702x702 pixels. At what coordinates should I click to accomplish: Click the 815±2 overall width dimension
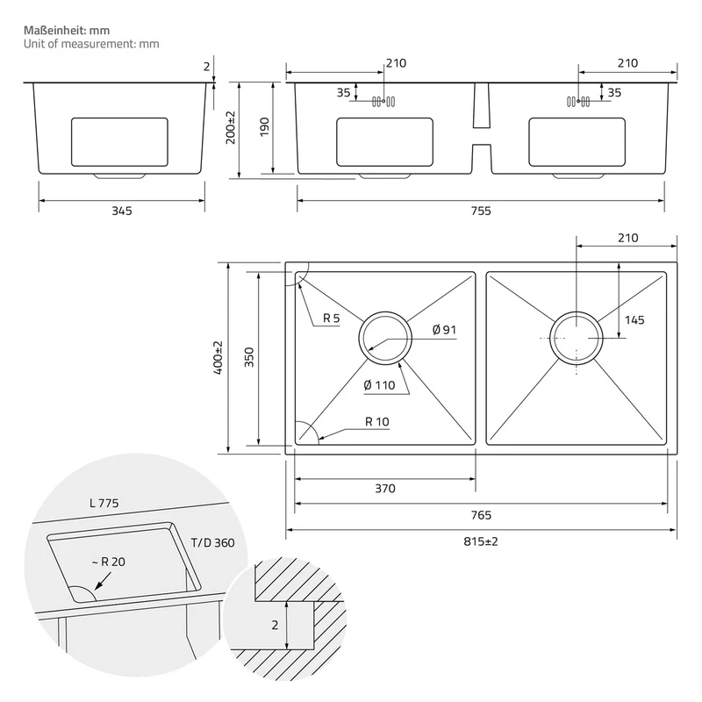coord(480,541)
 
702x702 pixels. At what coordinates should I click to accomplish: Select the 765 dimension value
coord(481,515)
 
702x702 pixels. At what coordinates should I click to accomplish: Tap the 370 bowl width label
coord(385,489)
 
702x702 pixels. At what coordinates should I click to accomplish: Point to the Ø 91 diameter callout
coord(444,330)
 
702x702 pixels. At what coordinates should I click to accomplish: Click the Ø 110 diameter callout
coord(379,385)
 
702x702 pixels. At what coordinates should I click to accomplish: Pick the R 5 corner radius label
coord(332,319)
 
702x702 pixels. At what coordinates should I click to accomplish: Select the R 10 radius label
coord(377,422)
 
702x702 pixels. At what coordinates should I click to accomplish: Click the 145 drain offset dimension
coord(634,320)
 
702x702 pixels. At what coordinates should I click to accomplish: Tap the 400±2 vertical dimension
coord(218,358)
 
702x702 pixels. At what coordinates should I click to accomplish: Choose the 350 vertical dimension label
coord(249,357)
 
